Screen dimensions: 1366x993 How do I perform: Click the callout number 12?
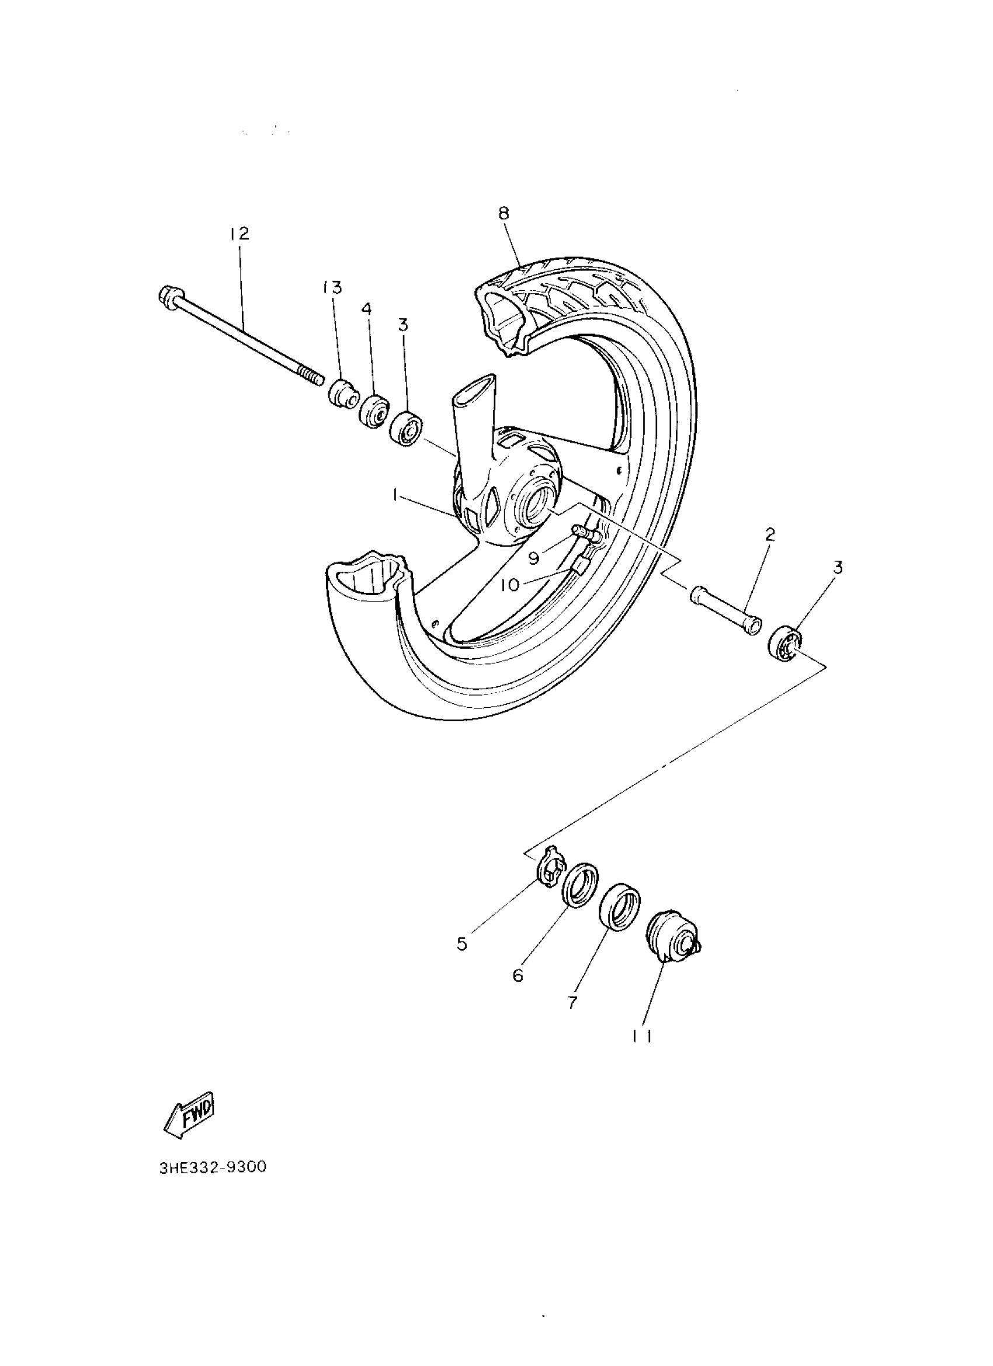239,234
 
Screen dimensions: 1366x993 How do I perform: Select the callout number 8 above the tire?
504,213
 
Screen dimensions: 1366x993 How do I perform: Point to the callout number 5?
462,943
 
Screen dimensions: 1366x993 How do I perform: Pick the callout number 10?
510,585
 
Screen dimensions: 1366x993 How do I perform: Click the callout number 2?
769,534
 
